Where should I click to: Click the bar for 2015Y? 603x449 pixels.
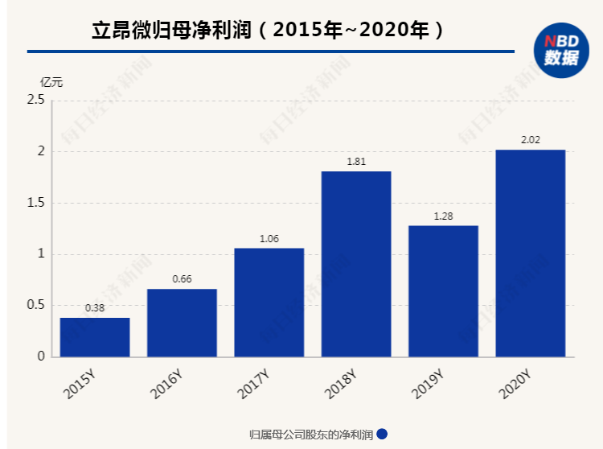pyautogui.click(x=95, y=337)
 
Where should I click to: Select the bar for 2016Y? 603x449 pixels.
pyautogui.click(x=182, y=323)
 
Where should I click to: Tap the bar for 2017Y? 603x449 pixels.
pyautogui.click(x=269, y=302)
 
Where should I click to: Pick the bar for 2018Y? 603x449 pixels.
pyautogui.click(x=356, y=264)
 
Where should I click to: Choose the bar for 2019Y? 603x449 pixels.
pyautogui.click(x=443, y=290)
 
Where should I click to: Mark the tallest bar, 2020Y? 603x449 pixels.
pyautogui.click(x=530, y=253)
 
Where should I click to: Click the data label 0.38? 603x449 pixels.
pyautogui.click(x=95, y=307)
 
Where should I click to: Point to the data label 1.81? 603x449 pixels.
pyautogui.click(x=356, y=161)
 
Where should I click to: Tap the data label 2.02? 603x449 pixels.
pyautogui.click(x=530, y=139)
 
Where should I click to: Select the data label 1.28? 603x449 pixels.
pyautogui.click(x=443, y=216)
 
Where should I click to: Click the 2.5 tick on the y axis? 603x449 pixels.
pyautogui.click(x=35, y=100)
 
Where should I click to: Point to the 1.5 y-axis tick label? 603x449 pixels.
pyautogui.click(x=35, y=203)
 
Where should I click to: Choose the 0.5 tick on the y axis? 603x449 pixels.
pyautogui.click(x=35, y=305)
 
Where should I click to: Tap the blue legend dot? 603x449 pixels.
pyautogui.click(x=382, y=435)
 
